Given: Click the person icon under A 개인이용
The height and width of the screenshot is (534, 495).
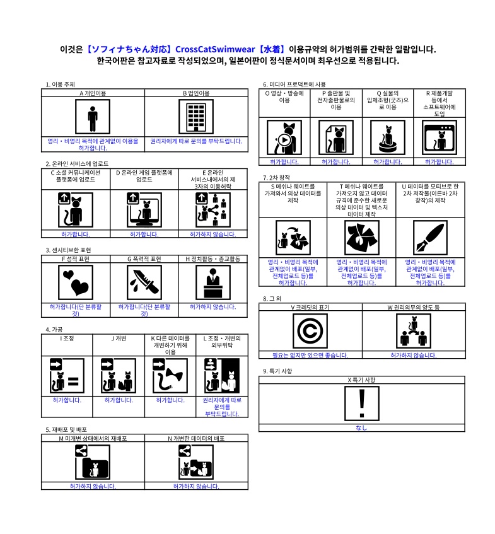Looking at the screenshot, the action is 93,117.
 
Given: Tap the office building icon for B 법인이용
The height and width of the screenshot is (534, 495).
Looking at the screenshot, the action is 196,117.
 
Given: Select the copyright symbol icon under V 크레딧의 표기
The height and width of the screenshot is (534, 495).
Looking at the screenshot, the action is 310,331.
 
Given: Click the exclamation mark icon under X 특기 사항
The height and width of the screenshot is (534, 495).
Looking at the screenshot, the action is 362,403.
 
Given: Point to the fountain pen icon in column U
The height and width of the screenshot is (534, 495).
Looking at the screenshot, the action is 430,238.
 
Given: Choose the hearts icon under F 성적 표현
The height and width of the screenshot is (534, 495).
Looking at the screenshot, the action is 76,282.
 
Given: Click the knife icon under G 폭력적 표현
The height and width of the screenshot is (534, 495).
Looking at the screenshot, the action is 144,282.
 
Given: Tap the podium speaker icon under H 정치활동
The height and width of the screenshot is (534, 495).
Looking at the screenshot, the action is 213,282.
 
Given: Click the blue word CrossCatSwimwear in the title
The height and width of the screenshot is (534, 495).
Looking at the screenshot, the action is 215,49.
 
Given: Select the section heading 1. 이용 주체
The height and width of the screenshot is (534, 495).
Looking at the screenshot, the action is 61,84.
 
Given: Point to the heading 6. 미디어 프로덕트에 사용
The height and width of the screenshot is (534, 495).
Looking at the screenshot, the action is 294,84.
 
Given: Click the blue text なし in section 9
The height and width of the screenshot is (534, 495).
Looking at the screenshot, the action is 361,427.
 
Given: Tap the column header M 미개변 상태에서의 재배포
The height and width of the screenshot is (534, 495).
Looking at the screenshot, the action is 93,438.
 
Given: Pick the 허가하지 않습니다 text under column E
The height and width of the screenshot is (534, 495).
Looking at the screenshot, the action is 213,235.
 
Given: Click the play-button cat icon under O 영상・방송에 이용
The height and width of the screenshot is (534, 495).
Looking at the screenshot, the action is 284,137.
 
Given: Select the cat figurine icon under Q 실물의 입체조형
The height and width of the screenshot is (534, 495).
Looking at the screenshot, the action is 388,137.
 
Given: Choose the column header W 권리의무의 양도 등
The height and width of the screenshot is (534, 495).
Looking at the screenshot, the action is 413,307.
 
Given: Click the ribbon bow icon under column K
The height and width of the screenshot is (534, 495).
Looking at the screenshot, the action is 170,376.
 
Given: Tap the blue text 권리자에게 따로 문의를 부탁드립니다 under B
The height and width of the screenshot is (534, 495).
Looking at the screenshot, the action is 196,141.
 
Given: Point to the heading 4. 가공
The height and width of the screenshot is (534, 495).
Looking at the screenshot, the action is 54,330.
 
